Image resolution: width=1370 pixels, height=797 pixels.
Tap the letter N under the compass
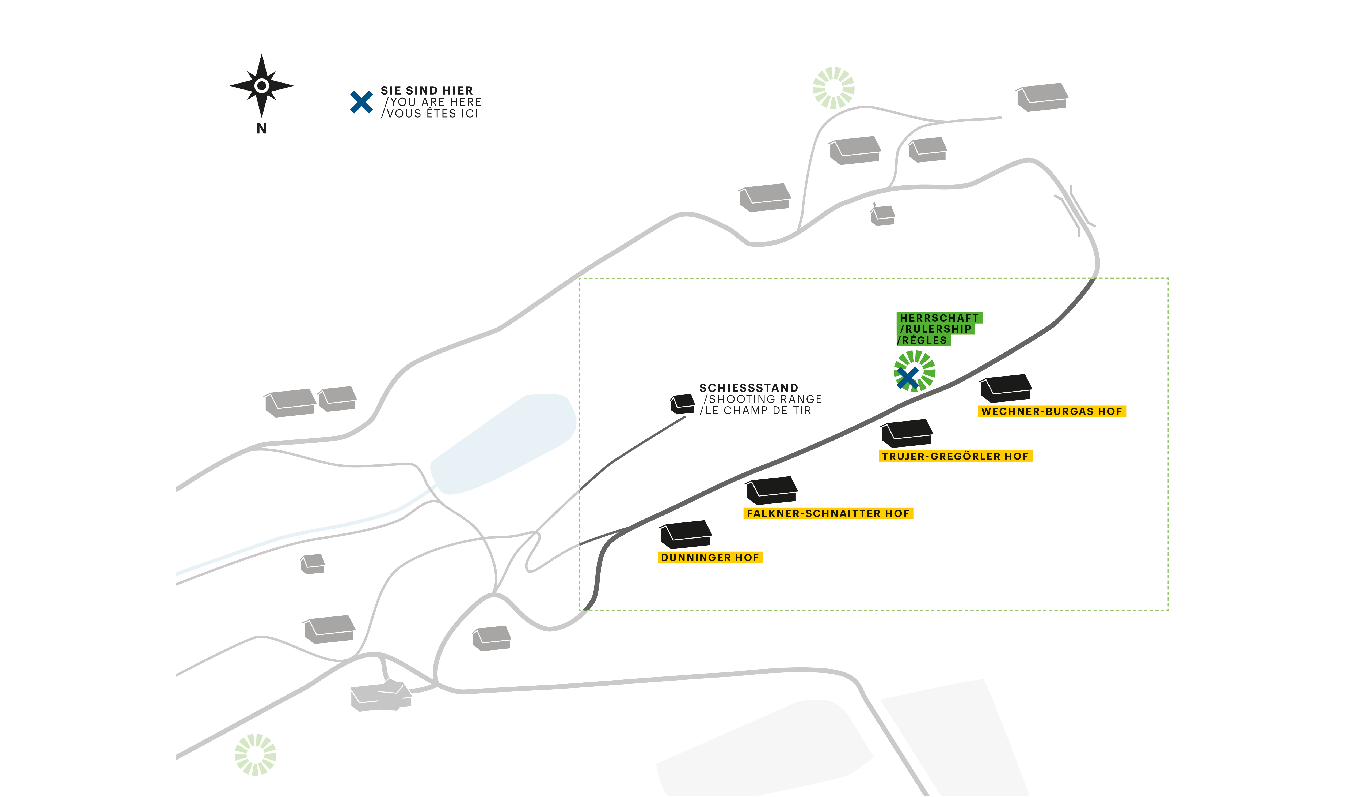click(x=261, y=129)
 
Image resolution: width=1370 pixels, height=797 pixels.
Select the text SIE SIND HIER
click(x=427, y=90)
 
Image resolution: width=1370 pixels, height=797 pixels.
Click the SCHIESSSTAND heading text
click(x=749, y=388)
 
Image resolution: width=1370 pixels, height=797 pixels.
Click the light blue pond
click(x=503, y=443)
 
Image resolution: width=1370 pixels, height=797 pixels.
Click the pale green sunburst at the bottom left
click(x=256, y=755)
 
